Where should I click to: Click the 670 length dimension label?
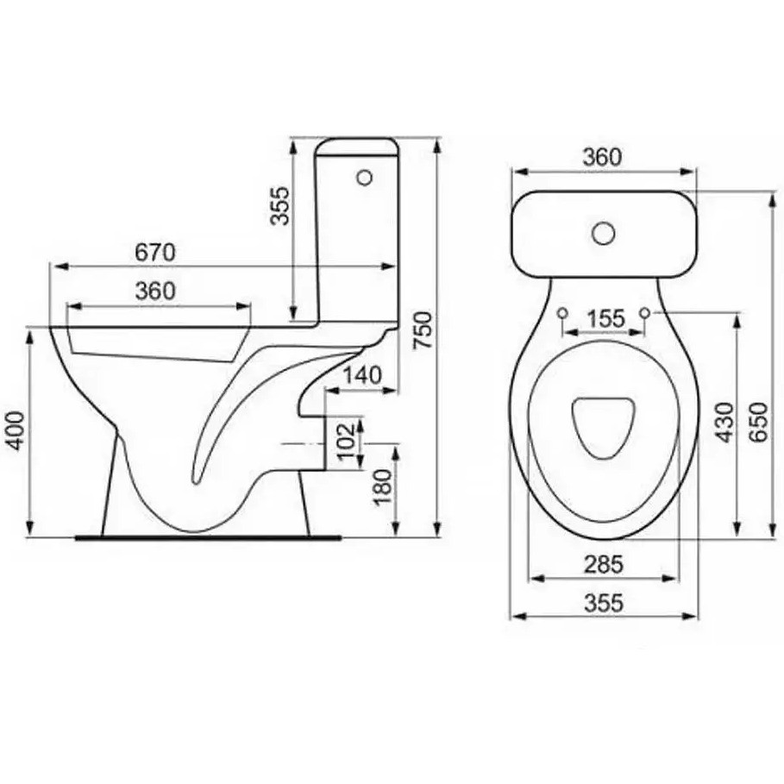[x=155, y=253]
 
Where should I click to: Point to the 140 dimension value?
[x=362, y=375]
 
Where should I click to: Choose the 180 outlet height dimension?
[x=384, y=488]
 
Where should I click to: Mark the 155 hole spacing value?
[x=605, y=318]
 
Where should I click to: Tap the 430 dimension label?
[x=724, y=423]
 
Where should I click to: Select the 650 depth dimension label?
[x=757, y=422]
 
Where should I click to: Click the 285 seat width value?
[x=604, y=565]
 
